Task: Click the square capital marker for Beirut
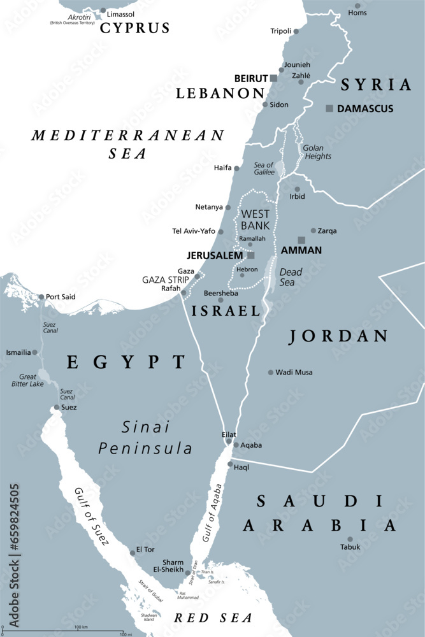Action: click(x=273, y=78)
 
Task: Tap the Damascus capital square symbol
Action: click(x=329, y=109)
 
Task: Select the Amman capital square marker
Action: click(x=302, y=240)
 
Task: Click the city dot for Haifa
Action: click(x=236, y=169)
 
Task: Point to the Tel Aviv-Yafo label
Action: click(x=194, y=231)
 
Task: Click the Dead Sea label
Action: click(x=291, y=276)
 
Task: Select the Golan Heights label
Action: click(x=317, y=152)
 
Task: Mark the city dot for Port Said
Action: click(x=41, y=297)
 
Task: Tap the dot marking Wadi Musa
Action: click(x=271, y=372)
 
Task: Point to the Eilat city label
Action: click(x=228, y=433)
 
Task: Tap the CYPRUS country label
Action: click(x=133, y=28)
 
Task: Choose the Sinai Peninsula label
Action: click(x=145, y=439)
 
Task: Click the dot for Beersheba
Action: click(x=220, y=300)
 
